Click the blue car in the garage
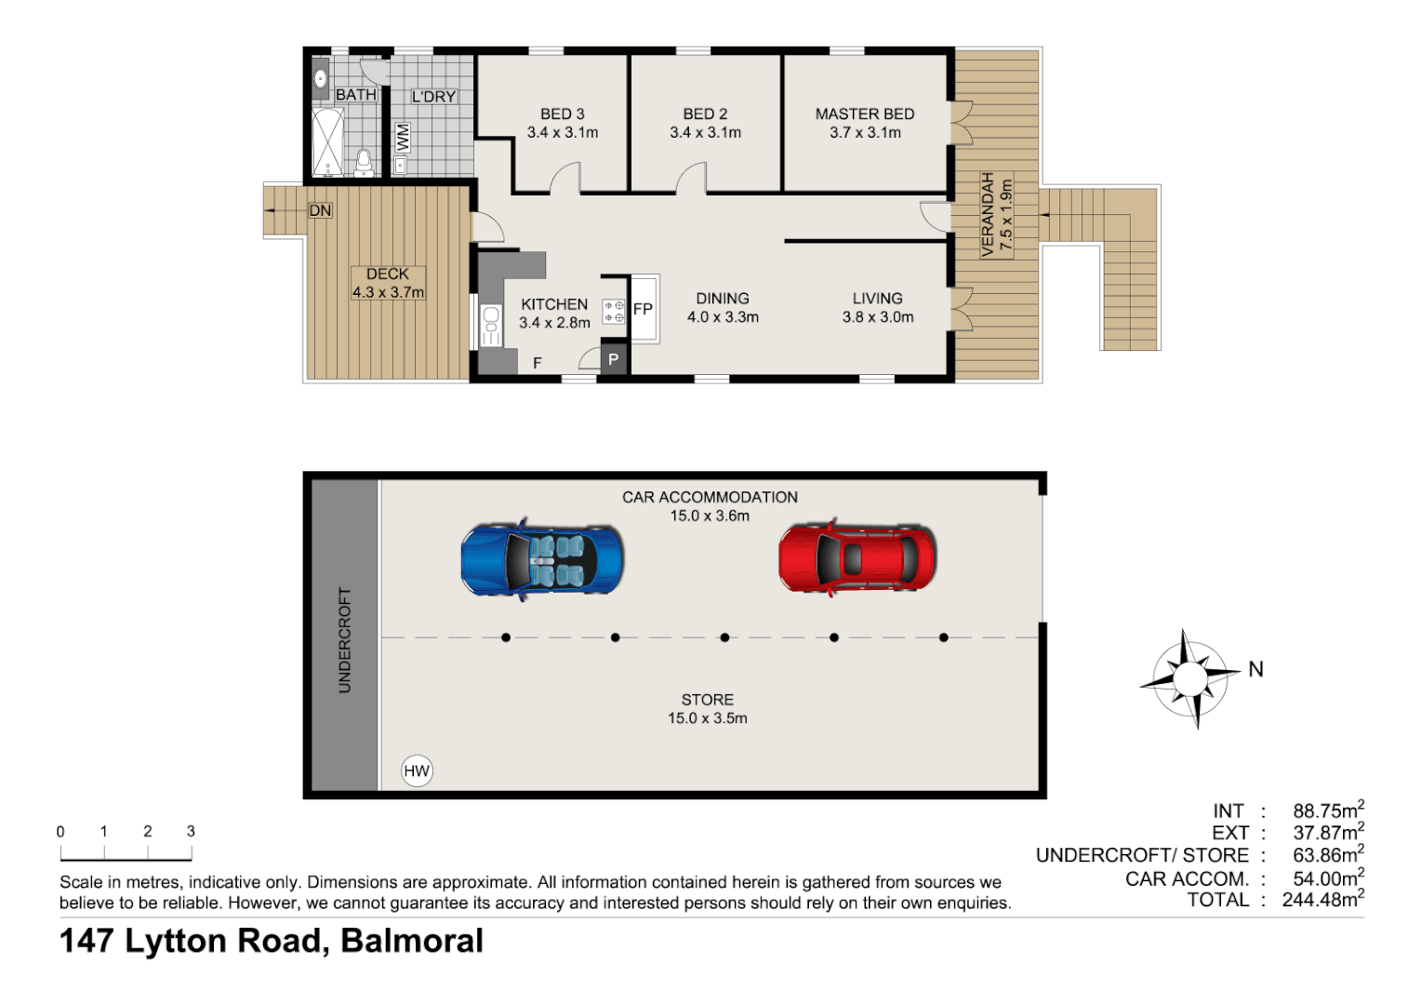point(542,560)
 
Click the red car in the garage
point(857,558)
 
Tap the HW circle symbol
point(417,770)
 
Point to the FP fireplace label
point(643,309)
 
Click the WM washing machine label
point(403,139)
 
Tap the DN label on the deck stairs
point(320,211)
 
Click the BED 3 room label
point(563,114)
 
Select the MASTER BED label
point(865,114)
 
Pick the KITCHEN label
point(554,304)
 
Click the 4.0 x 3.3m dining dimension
point(723,317)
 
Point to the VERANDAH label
point(989,215)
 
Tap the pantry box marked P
point(613,359)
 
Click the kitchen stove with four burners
point(614,311)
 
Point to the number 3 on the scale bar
point(191,832)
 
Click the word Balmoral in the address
point(412,941)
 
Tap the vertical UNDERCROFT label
point(345,639)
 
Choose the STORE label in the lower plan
point(707,700)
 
